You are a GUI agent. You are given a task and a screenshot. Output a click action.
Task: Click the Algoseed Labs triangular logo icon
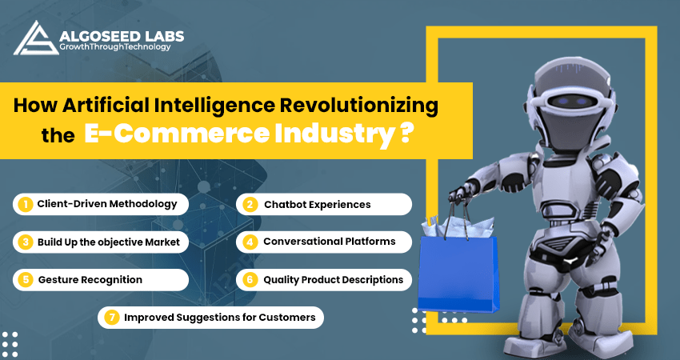pos(36,38)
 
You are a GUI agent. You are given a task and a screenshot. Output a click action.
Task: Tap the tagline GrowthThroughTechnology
pos(115,47)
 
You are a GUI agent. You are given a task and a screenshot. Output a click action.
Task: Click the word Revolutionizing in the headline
pos(359,106)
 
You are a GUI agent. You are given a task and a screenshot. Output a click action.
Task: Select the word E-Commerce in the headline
pos(177,134)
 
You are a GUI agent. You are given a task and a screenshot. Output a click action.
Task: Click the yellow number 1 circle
pos(26,204)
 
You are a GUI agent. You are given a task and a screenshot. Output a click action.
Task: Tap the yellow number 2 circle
pos(250,204)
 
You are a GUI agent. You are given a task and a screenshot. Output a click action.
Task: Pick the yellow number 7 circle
pos(111,318)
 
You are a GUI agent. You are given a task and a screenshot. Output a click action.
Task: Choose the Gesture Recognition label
pos(90,280)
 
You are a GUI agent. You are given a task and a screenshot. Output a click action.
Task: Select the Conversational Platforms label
pos(330,242)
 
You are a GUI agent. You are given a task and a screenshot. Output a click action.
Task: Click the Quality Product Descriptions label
pos(334,280)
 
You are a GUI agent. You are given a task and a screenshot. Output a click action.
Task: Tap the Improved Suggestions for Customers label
pos(220,318)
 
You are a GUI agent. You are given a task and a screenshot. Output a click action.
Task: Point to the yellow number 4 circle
pos(250,242)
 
